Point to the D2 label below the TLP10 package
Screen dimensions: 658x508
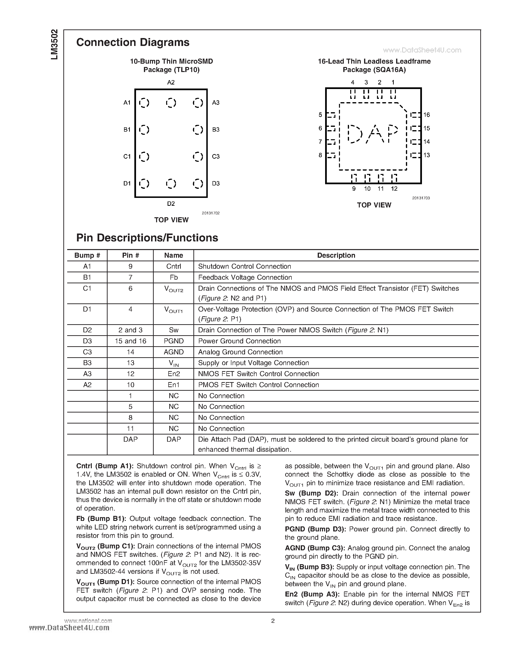(x=171, y=204)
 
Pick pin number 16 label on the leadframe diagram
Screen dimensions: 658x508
(x=426, y=115)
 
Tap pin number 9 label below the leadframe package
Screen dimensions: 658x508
(x=354, y=189)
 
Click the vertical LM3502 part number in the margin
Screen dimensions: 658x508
(x=55, y=45)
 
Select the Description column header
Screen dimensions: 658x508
(x=336, y=255)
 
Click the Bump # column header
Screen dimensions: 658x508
(x=87, y=255)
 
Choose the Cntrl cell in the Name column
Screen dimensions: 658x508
(x=174, y=266)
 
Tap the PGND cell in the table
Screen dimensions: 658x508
(x=174, y=341)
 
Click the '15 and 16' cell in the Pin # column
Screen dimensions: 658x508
(x=130, y=341)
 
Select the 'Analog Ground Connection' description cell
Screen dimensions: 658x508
(x=240, y=352)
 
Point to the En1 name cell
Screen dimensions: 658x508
(x=174, y=385)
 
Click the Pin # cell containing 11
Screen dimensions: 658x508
(x=130, y=429)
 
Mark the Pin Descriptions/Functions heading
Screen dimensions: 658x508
(x=147, y=238)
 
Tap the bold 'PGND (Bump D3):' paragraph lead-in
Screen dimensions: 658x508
(x=315, y=529)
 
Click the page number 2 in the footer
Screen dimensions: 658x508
(x=273, y=621)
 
